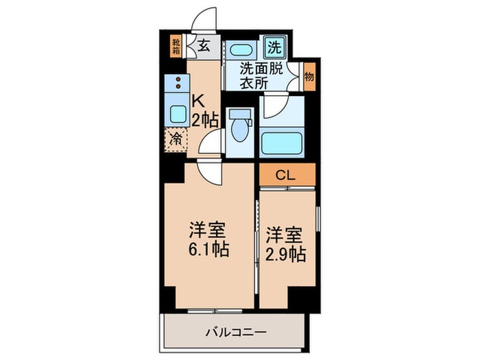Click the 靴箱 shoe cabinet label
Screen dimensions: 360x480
(176, 47)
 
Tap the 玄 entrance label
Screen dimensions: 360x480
(204, 47)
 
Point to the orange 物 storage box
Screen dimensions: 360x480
(309, 75)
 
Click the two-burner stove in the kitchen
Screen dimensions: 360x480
(178, 83)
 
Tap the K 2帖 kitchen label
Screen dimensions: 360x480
(204, 110)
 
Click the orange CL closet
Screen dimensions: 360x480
(287, 175)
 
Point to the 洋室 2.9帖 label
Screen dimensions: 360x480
(287, 243)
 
